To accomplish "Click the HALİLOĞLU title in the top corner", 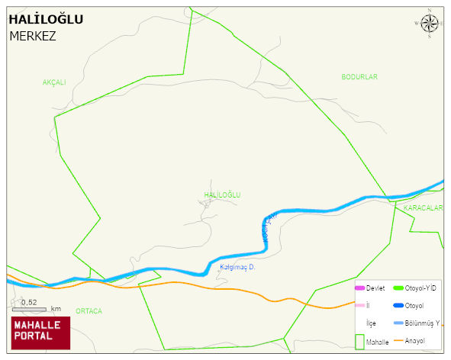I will [x=46, y=20].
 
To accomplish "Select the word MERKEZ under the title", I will [x=33, y=36].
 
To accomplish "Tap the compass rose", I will [x=430, y=24].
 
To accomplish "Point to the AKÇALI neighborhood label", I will [x=55, y=82].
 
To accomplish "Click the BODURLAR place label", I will [x=359, y=77].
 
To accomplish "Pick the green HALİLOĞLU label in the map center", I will [x=222, y=195].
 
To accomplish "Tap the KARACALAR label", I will [x=424, y=207].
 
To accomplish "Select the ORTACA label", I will [x=89, y=311].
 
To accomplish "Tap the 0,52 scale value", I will [x=29, y=302].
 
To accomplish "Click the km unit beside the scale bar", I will [x=56, y=309].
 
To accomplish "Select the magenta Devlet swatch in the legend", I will [x=359, y=288].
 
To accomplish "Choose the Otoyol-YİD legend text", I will [x=420, y=288].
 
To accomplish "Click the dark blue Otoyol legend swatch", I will [x=398, y=306].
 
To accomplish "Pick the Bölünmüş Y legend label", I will [x=422, y=323].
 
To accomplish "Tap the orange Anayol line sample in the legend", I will [x=398, y=340].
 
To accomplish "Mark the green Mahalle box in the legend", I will [x=359, y=342].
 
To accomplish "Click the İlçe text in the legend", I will [x=371, y=323].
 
